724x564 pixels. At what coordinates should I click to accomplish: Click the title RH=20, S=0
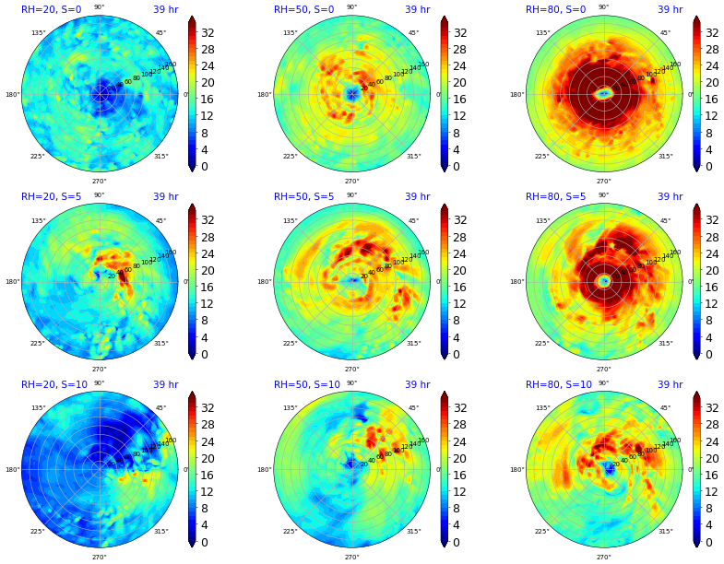click(52, 9)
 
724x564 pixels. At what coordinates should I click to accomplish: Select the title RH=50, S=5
click(303, 196)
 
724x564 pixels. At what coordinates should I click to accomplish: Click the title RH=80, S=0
click(555, 9)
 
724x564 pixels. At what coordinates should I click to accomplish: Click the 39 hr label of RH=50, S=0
click(417, 9)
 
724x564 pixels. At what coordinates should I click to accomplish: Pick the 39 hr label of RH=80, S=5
click(670, 196)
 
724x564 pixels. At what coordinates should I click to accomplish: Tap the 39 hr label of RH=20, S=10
click(165, 384)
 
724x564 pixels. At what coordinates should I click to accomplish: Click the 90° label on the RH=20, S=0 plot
click(100, 7)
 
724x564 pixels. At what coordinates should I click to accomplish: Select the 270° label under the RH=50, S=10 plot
click(351, 557)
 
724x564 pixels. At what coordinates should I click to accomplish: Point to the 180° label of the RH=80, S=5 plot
click(517, 282)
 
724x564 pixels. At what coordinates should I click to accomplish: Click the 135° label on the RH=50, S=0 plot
click(290, 33)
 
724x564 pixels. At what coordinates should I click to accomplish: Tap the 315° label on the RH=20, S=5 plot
click(161, 344)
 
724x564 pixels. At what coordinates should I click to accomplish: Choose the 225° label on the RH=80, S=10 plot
click(541, 532)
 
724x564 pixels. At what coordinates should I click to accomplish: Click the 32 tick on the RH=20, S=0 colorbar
click(208, 32)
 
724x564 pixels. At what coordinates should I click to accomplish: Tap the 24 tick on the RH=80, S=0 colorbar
click(712, 65)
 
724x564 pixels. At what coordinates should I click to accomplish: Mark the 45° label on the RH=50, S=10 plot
click(413, 408)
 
